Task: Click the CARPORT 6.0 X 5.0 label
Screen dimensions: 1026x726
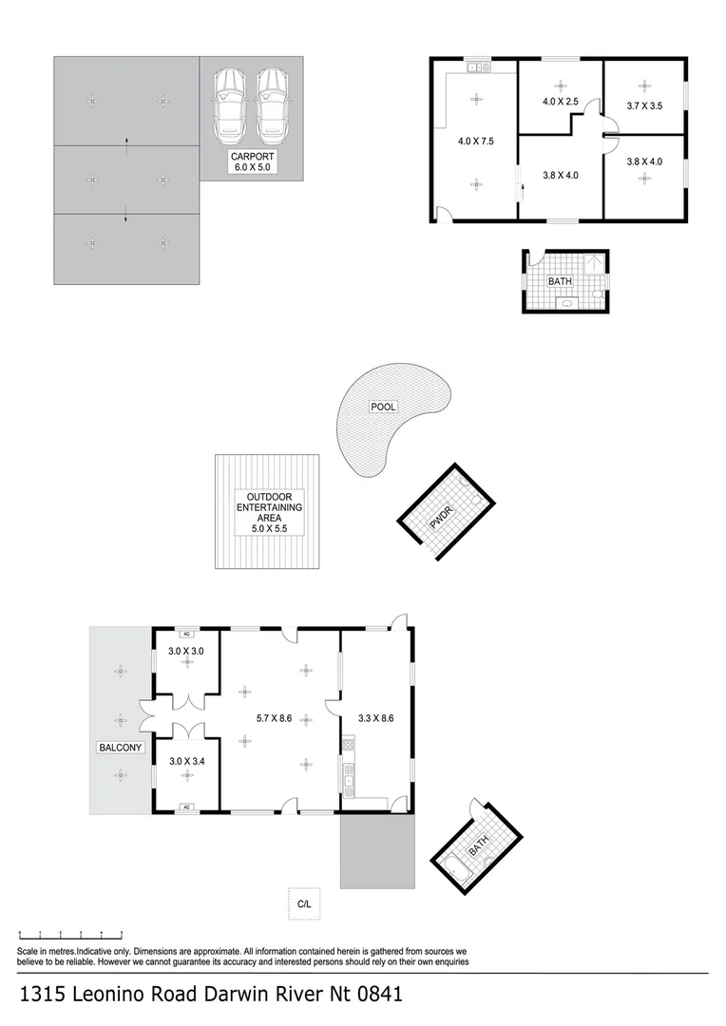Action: click(x=252, y=161)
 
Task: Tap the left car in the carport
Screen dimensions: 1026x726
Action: click(x=228, y=102)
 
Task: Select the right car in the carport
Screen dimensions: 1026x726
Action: click(x=271, y=102)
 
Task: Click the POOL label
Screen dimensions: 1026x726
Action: click(x=383, y=407)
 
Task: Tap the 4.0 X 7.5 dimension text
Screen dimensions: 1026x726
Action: click(x=475, y=142)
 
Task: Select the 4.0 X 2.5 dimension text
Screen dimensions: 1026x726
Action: click(x=560, y=102)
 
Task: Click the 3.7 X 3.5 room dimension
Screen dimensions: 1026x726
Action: click(x=643, y=106)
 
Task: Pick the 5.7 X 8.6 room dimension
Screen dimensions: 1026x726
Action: click(x=276, y=718)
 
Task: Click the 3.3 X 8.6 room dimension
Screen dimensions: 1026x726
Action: click(x=374, y=718)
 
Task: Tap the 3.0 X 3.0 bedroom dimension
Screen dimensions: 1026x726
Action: click(x=186, y=652)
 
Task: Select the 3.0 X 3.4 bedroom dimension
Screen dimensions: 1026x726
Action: click(x=186, y=761)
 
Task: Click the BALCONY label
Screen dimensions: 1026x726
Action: click(x=121, y=748)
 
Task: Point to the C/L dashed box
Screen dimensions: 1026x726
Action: click(x=304, y=904)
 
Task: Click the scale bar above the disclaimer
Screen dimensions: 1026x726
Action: click(x=71, y=936)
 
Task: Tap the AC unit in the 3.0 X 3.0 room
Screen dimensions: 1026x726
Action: click(x=187, y=634)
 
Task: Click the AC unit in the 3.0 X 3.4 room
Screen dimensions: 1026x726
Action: click(x=187, y=807)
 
